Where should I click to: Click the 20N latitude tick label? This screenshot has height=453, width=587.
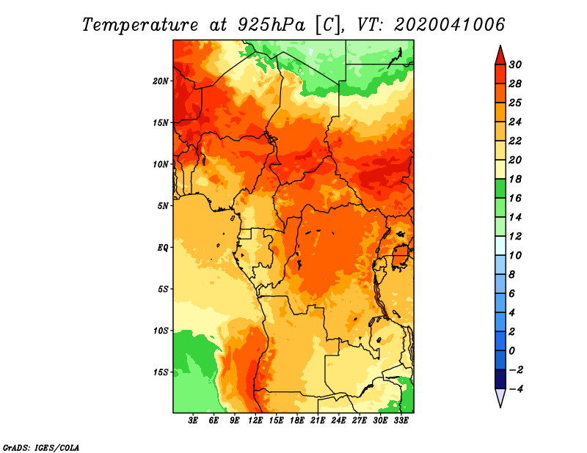[x=160, y=81]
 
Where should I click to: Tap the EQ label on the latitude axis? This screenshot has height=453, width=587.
[x=162, y=247]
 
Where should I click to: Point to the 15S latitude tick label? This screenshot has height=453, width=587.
[x=160, y=372]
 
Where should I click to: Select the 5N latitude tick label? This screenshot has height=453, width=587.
[x=162, y=206]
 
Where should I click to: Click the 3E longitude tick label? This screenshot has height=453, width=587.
[x=193, y=421]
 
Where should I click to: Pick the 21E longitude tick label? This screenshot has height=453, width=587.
[x=318, y=421]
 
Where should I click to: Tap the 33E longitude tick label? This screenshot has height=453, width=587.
[x=401, y=421]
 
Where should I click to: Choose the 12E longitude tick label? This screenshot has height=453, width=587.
[x=255, y=421]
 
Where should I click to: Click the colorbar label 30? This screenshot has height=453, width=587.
[x=515, y=65]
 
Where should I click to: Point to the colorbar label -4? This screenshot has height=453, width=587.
[x=516, y=389]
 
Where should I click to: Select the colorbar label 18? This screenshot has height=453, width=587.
[x=515, y=179]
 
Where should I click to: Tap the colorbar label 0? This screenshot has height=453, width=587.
[x=512, y=351]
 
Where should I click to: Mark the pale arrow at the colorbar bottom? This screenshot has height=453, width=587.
[x=500, y=397]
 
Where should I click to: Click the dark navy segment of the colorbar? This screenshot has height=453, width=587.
[x=500, y=379]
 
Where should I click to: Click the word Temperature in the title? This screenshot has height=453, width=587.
[x=139, y=25]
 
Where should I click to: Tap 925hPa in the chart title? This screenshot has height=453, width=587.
[x=271, y=25]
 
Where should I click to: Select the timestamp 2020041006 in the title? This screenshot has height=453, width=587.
[x=449, y=25]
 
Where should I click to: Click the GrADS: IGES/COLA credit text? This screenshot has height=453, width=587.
[x=41, y=447]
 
